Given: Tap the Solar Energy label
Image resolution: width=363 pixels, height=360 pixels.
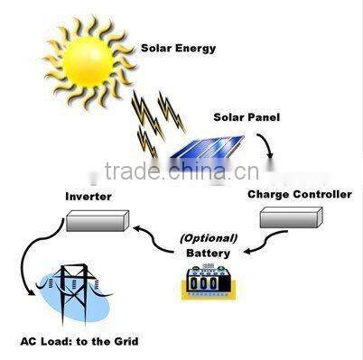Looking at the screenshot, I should click(x=179, y=48).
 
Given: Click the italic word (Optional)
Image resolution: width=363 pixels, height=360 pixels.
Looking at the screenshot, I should click(x=209, y=239).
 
